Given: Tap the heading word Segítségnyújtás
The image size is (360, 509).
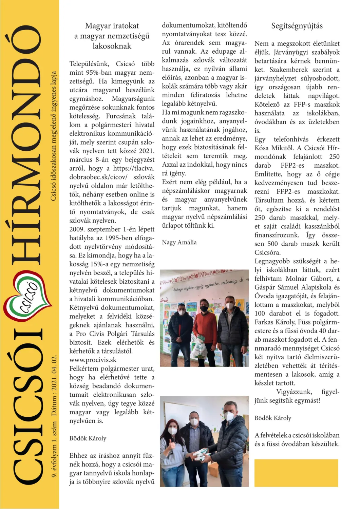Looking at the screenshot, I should click(x=297, y=26).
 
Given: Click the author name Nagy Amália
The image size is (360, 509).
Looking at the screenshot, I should click(x=179, y=242).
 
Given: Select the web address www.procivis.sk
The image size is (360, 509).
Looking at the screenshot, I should click(x=93, y=360).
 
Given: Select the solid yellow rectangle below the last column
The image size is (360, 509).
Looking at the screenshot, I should click(x=296, y=473).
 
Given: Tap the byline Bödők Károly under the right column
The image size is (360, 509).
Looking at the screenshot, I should click(x=273, y=418).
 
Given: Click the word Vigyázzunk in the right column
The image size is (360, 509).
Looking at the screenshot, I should click(x=293, y=392).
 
